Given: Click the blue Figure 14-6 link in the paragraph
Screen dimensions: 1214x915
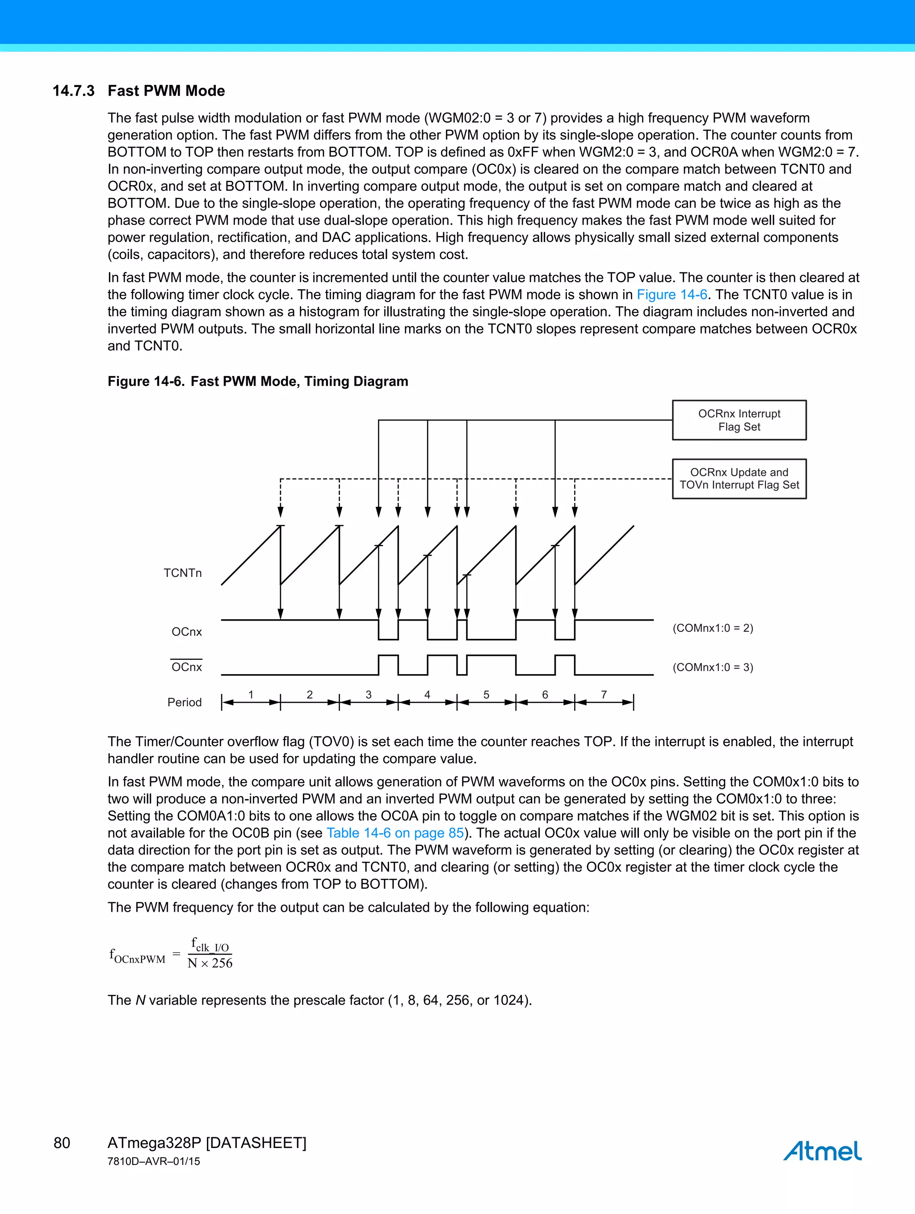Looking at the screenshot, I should (x=671, y=295).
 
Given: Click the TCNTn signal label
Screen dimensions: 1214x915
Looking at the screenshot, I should (x=182, y=573).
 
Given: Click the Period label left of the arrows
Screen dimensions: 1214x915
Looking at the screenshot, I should (x=184, y=702).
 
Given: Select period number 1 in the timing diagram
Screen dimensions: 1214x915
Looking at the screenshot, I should (x=251, y=695).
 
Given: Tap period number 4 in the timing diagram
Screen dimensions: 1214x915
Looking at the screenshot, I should (x=427, y=695).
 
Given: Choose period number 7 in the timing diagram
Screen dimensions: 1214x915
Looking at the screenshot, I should (x=604, y=695).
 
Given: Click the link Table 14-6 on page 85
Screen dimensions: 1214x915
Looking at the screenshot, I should (x=395, y=833).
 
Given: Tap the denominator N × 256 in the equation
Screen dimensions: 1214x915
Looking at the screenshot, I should (x=210, y=963).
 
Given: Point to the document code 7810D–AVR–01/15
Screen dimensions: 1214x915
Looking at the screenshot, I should (x=154, y=1161).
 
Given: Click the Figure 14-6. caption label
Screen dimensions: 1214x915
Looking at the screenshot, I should (x=146, y=381).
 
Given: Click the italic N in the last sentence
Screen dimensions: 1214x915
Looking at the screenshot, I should (x=141, y=1000).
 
